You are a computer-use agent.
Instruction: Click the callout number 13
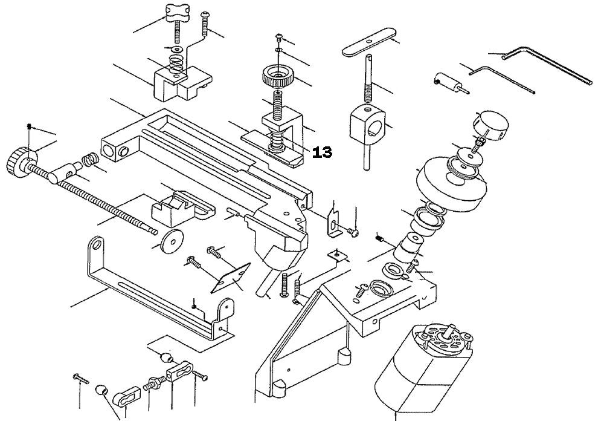point(323,152)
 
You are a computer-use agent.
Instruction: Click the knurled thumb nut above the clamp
point(277,77)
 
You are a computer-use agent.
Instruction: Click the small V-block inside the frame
point(175,206)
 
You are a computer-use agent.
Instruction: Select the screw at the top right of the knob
point(205,21)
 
